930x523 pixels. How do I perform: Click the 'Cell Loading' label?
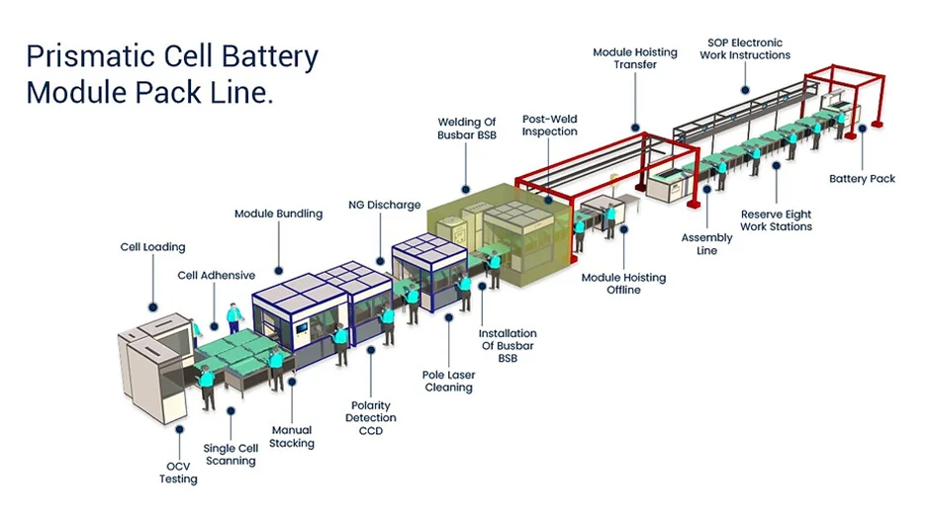click(x=152, y=247)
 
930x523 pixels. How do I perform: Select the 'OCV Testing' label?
click(x=179, y=472)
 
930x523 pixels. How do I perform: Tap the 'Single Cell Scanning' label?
click(x=230, y=454)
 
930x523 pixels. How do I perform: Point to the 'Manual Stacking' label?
click(x=292, y=436)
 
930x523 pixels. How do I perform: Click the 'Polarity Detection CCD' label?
click(x=371, y=418)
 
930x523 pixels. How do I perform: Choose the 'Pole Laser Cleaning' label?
click(x=448, y=381)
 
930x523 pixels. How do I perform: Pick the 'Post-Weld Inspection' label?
click(x=549, y=125)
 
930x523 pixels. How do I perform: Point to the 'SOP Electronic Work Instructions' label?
click(x=745, y=48)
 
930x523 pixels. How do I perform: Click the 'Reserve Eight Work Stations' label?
click(x=776, y=219)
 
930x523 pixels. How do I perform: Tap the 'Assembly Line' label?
click(x=706, y=244)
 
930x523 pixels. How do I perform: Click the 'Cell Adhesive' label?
click(x=217, y=275)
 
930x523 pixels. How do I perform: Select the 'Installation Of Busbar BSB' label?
click(x=508, y=346)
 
